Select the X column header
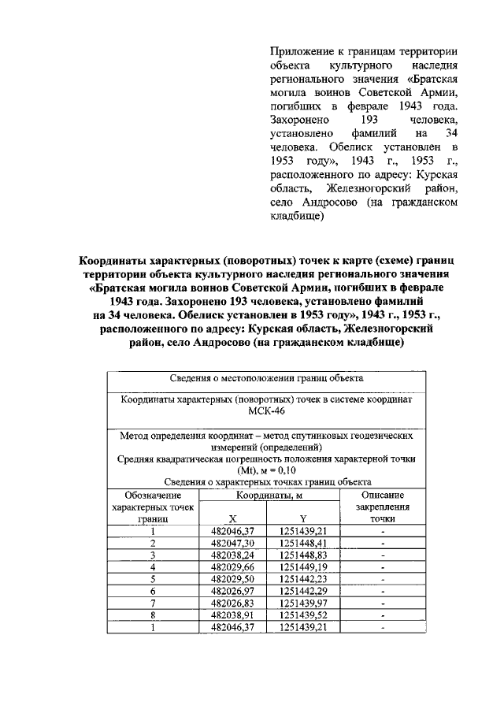click(x=232, y=519)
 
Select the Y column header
click(x=303, y=519)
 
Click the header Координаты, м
click(x=270, y=494)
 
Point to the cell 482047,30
click(x=232, y=544)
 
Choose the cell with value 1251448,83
click(x=303, y=555)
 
